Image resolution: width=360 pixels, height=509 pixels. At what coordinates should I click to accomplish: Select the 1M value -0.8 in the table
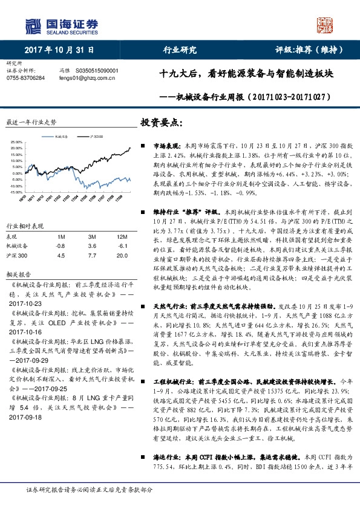[60, 246]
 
